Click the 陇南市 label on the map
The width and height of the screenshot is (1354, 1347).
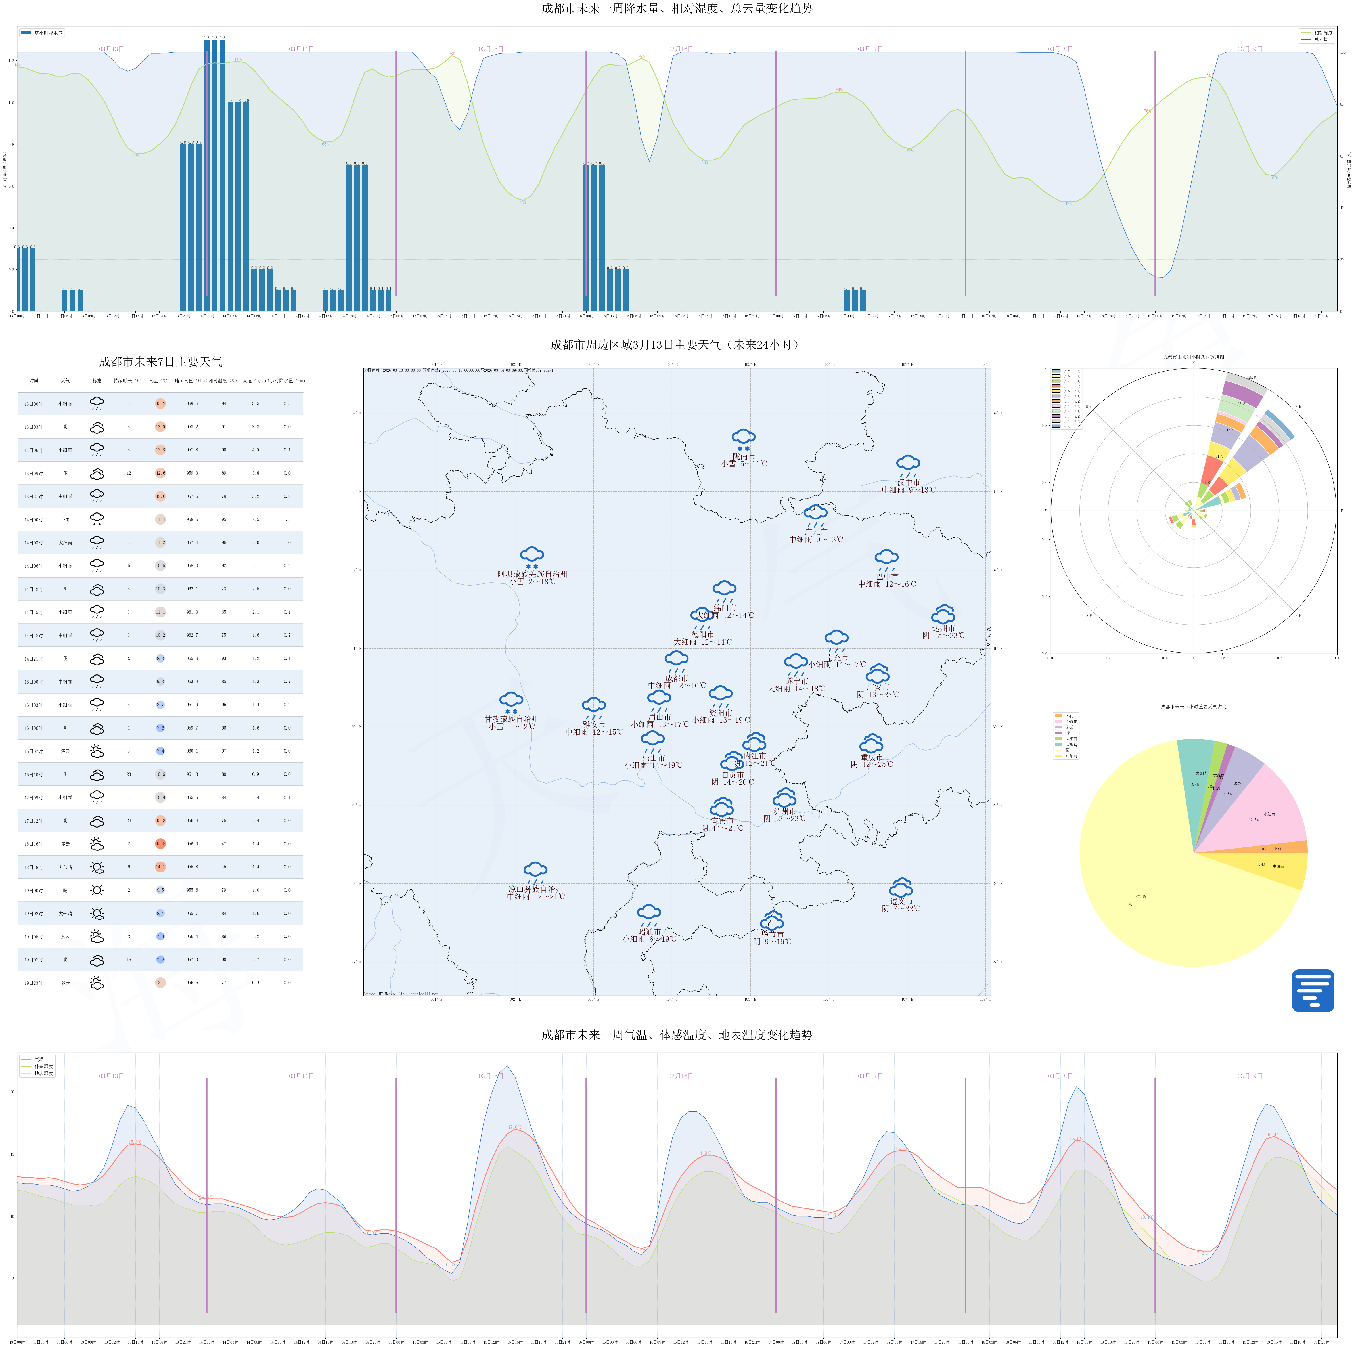coord(744,456)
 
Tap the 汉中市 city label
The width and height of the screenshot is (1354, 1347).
coord(908,482)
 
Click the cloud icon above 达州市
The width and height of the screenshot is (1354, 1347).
coord(943,615)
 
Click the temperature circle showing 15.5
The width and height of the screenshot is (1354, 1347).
coord(160,844)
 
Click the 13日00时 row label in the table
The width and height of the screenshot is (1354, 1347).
coord(34,404)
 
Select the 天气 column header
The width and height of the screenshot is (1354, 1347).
coord(65,381)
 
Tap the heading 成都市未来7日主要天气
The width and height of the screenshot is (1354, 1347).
coord(160,362)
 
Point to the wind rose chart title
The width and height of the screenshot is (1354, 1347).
coord(1194,357)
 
